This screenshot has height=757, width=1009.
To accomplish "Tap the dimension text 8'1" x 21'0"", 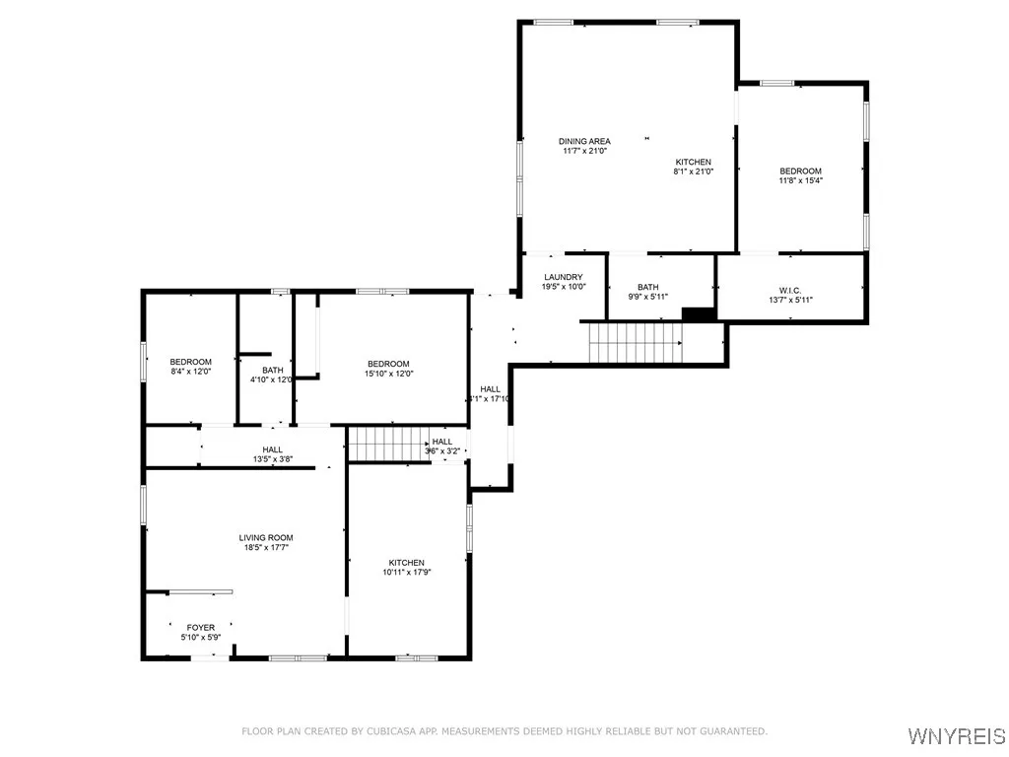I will click(693, 172).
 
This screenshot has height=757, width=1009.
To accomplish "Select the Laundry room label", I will click(564, 277).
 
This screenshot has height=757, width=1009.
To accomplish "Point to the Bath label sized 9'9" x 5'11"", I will click(648, 287).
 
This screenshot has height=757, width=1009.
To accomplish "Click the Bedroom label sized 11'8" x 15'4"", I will click(800, 172).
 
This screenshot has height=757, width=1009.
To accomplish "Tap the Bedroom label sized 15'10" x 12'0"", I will click(388, 364).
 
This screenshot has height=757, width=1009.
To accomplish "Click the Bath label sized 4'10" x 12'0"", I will click(272, 371).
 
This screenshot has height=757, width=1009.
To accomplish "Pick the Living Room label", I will click(266, 538).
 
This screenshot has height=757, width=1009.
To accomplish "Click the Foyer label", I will click(201, 627).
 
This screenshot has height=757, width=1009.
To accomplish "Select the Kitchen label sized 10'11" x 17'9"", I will click(406, 563).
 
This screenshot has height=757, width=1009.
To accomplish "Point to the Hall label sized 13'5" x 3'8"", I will click(272, 449).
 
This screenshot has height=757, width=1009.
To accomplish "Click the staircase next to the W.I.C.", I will click(636, 343).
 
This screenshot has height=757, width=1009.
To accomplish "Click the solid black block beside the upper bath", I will click(699, 314).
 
